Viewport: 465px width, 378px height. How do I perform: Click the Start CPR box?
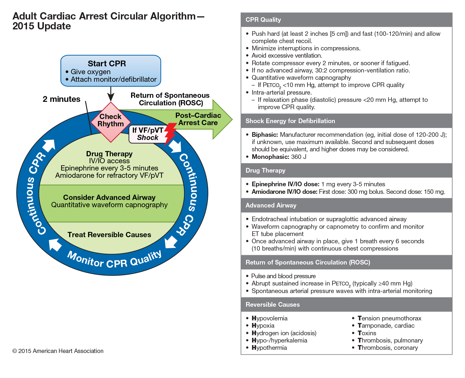coord(110,71)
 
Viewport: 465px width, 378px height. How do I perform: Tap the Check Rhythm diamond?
coord(111,122)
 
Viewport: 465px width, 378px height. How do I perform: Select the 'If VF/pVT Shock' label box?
coord(147,134)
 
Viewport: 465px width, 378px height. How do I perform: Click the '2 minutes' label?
coord(61,99)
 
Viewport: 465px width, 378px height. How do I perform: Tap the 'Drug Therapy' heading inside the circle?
coord(109,154)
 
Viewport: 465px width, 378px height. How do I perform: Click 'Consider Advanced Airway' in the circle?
coord(109,198)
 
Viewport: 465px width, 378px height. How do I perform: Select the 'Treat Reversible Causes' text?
coord(109,235)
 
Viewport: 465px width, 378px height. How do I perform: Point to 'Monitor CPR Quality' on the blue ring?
coord(114,260)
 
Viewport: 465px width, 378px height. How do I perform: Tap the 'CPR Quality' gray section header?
coord(263,20)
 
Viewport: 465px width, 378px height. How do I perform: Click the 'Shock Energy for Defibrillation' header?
coord(290,121)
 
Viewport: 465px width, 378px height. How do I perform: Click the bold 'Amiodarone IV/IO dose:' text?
coord(284,192)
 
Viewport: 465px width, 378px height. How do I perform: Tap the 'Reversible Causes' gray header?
coord(273,305)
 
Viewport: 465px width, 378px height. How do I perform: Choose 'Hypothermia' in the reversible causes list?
coord(269,348)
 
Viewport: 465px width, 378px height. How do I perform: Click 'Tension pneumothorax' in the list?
coord(389,318)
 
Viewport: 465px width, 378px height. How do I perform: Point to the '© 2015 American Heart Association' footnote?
coord(58,351)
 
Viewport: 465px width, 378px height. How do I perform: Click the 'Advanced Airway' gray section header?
coord(271,205)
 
